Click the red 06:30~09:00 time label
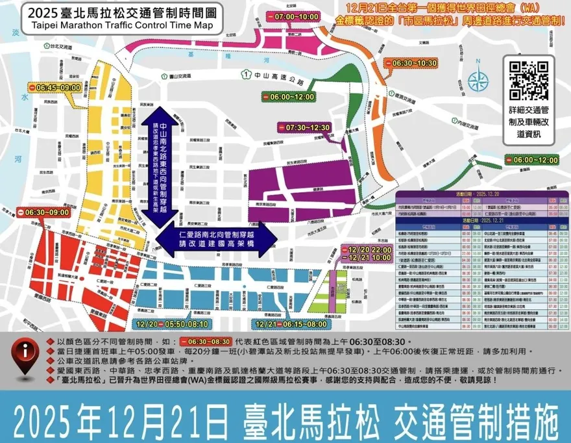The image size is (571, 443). point(43,212)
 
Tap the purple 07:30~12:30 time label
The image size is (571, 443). point(303,127)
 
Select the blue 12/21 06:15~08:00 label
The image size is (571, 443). point(291,323)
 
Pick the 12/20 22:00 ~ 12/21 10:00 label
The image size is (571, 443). point(369,255)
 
